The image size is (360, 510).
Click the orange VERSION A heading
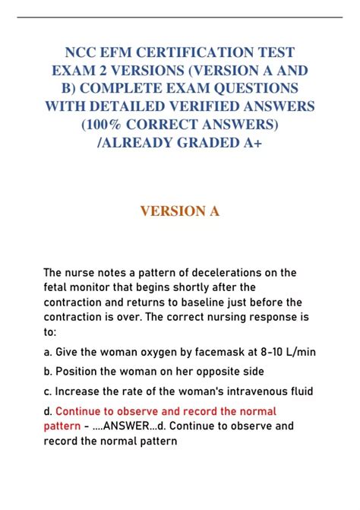[x=180, y=211]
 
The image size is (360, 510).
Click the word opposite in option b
[x=205, y=372]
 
